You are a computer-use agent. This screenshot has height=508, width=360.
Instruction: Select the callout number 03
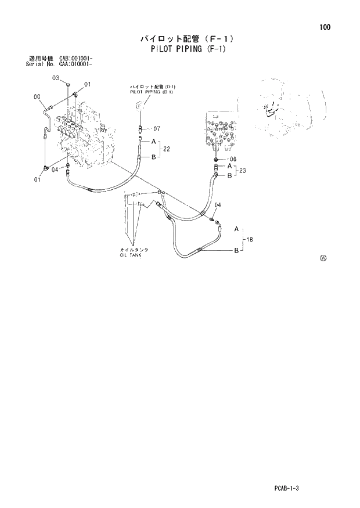coord(56,78)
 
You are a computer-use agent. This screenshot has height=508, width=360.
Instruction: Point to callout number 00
coord(37,97)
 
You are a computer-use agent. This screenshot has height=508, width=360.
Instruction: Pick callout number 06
coord(233,159)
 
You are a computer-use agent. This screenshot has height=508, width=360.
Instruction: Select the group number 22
coord(167,149)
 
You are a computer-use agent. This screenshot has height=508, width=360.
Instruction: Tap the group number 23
coord(243,171)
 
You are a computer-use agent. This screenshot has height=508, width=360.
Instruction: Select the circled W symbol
coord(323,258)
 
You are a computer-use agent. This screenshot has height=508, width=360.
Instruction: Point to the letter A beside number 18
coord(236,230)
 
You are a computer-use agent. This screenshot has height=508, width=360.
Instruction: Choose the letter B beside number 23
coord(229,175)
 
